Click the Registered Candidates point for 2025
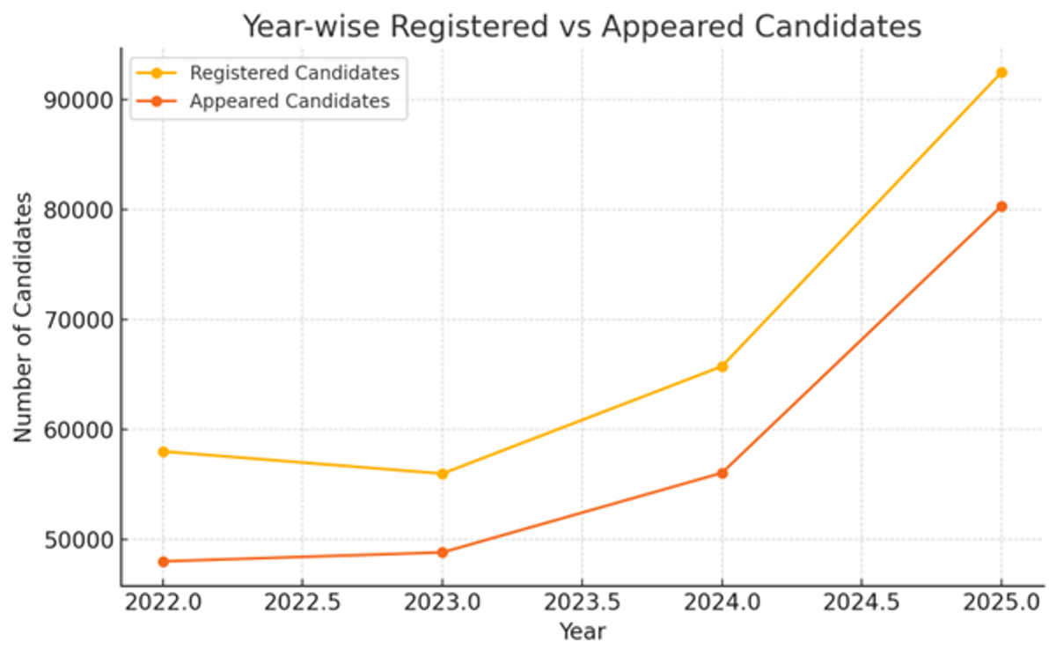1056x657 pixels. (1001, 72)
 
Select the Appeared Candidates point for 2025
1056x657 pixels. (1001, 206)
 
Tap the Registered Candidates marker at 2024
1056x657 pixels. (722, 366)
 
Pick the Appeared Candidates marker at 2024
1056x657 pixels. (722, 473)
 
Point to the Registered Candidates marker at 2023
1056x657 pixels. (443, 474)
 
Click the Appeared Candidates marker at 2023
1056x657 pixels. (443, 552)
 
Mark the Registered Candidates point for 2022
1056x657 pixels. (164, 452)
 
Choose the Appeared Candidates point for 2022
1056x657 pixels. (164, 561)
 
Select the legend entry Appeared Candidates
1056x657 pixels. (290, 101)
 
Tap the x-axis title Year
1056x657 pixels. (582, 631)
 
